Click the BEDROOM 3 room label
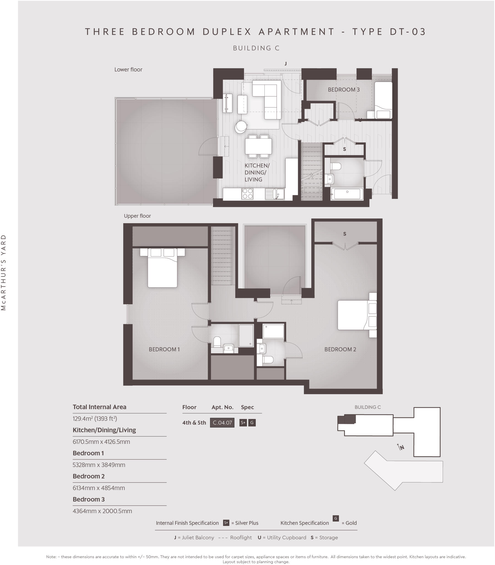coord(343,90)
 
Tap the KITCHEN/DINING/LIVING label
coord(256,172)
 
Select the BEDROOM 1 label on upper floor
coord(164,349)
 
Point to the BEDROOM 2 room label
coord(340,349)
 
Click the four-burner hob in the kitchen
coord(247,194)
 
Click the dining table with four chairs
coord(258,146)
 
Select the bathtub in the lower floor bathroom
coord(347,194)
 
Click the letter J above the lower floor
coord(285,63)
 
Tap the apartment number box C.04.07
coord(222,422)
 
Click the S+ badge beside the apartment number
coord(243,422)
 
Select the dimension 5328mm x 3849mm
coord(99,465)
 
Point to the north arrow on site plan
coord(400,447)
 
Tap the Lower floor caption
coord(128,70)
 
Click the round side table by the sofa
coord(241,127)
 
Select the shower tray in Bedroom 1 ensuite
coord(246,335)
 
